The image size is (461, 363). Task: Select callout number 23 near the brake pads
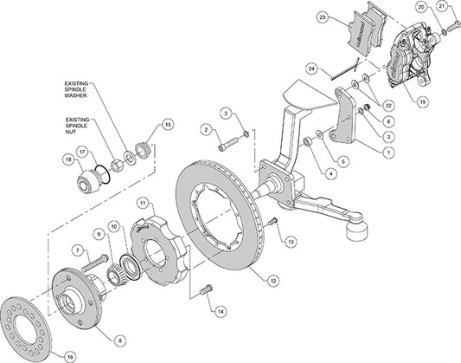[322, 16]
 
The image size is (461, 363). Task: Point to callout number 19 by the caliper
[423, 100]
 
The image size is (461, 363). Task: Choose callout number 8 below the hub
[118, 316]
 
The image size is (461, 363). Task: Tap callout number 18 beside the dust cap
[67, 159]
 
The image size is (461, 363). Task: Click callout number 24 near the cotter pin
[310, 68]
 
